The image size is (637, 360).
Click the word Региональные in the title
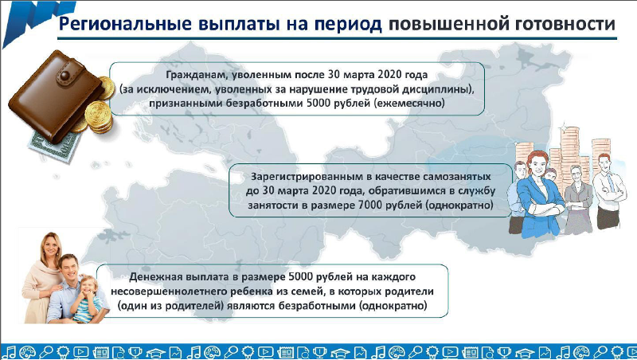coord(125,24)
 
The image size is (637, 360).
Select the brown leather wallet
coord(56,96)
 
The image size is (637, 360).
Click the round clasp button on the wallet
coord(64,75)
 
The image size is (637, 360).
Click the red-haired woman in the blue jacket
coord(541,194)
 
